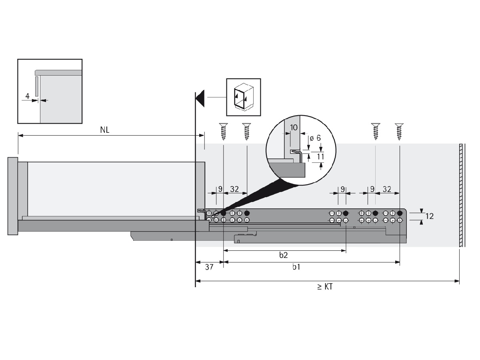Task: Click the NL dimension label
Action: click(105, 130)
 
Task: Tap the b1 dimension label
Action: click(296, 267)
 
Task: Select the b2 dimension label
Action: click(284, 255)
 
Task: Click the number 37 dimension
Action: click(209, 268)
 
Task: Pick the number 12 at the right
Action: click(430, 216)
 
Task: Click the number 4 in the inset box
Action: click(27, 96)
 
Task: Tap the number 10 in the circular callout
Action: click(294, 128)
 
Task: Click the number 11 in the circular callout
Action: click(320, 156)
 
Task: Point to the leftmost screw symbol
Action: click(223, 131)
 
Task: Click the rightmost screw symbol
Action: click(398, 131)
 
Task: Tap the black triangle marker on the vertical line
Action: click(200, 98)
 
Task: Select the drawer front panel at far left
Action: click(13, 196)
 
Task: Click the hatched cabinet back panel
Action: click(462, 195)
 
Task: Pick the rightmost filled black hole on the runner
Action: click(400, 213)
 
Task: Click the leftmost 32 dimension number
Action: click(235, 189)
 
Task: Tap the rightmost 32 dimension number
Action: click(387, 189)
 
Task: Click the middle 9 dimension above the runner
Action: click(342, 189)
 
